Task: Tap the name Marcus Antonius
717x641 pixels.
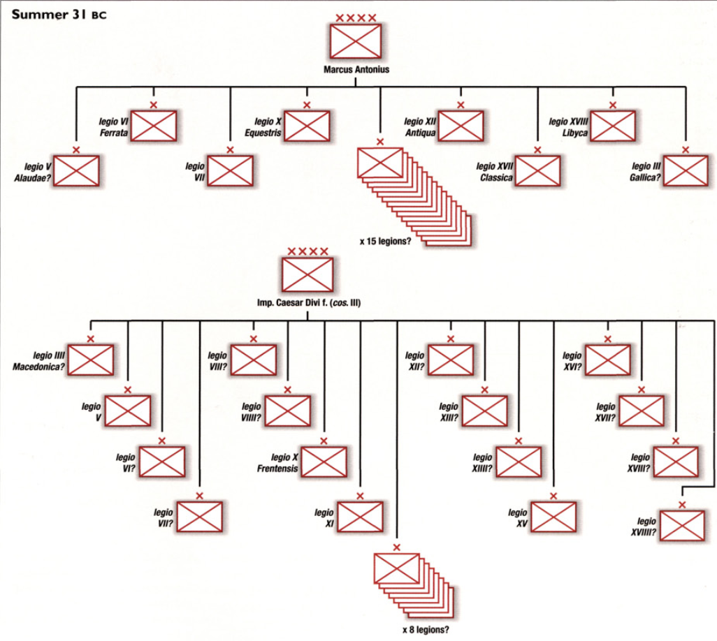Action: tap(356, 70)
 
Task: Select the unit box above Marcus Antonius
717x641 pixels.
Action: tap(356, 41)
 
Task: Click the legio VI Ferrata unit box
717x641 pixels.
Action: tap(154, 126)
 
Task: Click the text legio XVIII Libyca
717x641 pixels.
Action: tap(569, 126)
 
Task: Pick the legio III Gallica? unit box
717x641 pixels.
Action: tap(686, 170)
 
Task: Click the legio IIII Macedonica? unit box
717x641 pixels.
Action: tap(91, 360)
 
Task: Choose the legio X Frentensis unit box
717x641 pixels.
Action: tap(324, 462)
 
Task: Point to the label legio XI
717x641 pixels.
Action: tap(324, 517)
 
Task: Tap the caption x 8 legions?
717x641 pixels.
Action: tap(426, 629)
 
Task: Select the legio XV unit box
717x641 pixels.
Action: tap(553, 517)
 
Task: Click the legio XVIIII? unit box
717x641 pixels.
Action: tap(682, 525)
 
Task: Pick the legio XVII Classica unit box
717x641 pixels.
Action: tap(537, 170)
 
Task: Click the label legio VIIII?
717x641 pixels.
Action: tap(251, 412)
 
